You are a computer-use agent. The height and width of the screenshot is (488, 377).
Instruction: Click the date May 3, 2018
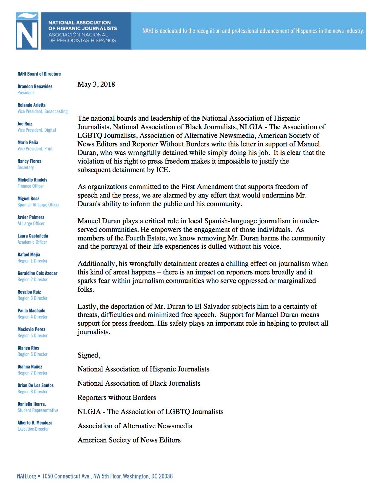coord(96,85)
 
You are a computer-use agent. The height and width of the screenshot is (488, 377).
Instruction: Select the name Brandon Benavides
coord(35,86)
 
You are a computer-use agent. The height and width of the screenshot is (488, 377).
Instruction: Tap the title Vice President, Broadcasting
coord(42,112)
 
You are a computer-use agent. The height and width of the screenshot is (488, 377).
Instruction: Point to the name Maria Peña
coord(28,143)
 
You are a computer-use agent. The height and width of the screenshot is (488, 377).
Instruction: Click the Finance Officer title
coord(30,186)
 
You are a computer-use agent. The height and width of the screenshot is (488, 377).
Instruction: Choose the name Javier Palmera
coord(31,217)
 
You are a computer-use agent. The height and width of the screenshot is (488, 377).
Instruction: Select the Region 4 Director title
coord(32,317)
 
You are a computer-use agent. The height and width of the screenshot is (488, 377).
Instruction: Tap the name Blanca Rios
coord(28,348)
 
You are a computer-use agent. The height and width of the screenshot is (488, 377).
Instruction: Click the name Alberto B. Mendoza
coord(35,423)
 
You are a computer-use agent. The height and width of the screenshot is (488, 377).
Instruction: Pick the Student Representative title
coord(38,411)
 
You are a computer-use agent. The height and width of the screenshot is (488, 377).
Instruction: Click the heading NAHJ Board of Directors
coord(39,74)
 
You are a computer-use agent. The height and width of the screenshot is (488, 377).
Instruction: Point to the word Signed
coord(88,356)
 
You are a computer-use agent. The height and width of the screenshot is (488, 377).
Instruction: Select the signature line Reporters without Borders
coord(117,398)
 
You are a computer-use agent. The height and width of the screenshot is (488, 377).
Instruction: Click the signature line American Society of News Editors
coord(129,440)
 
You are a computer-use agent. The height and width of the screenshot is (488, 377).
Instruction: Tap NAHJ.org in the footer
coord(26,476)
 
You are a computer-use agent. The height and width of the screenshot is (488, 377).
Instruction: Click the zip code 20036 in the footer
coord(166,476)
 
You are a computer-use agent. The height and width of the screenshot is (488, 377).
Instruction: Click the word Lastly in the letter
coord(88,307)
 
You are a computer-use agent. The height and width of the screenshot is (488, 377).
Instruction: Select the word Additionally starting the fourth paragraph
coord(97,264)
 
